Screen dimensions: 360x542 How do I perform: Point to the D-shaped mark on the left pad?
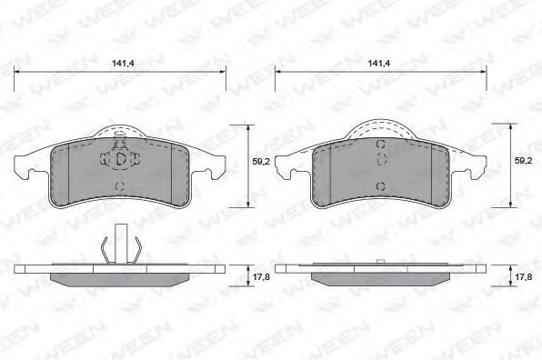[121, 159]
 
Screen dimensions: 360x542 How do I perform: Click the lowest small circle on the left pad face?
[121, 185]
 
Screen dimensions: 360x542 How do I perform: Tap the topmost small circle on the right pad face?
[380, 146]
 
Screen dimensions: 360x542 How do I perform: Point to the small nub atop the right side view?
[380, 261]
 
